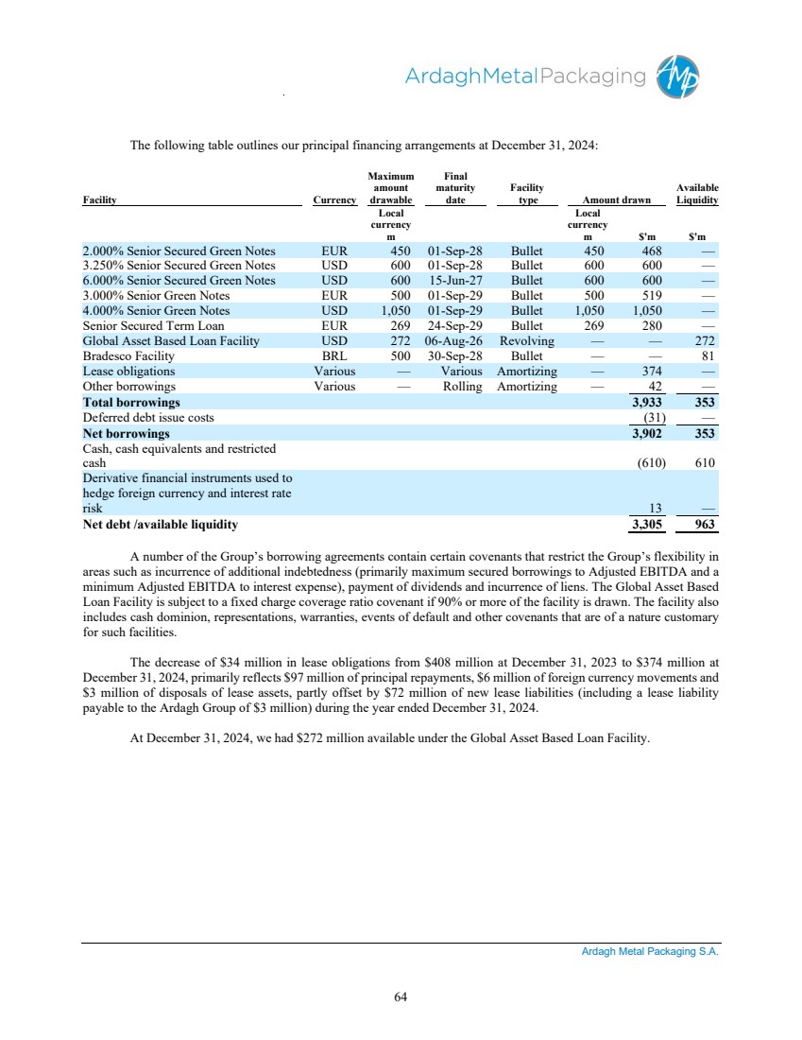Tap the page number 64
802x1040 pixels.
(401, 995)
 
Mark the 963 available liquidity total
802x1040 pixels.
(704, 524)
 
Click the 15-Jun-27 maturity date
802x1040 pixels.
(455, 280)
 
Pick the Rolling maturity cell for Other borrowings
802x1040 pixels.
(462, 386)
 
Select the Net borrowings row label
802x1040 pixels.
(127, 433)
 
